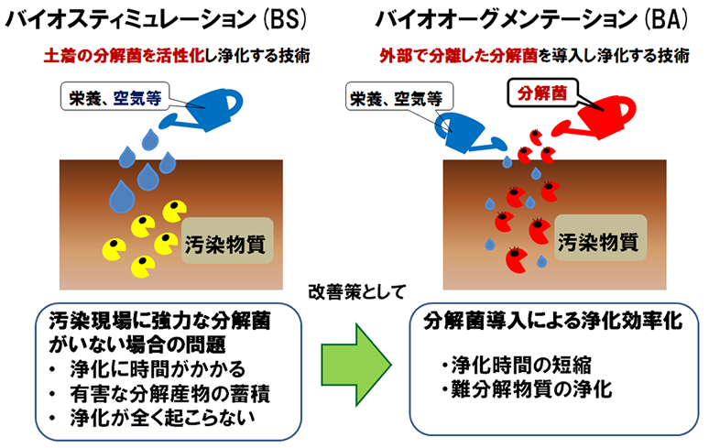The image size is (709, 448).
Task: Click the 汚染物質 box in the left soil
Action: [x=227, y=240]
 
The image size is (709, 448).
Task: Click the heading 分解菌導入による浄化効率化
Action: [x=553, y=321]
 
